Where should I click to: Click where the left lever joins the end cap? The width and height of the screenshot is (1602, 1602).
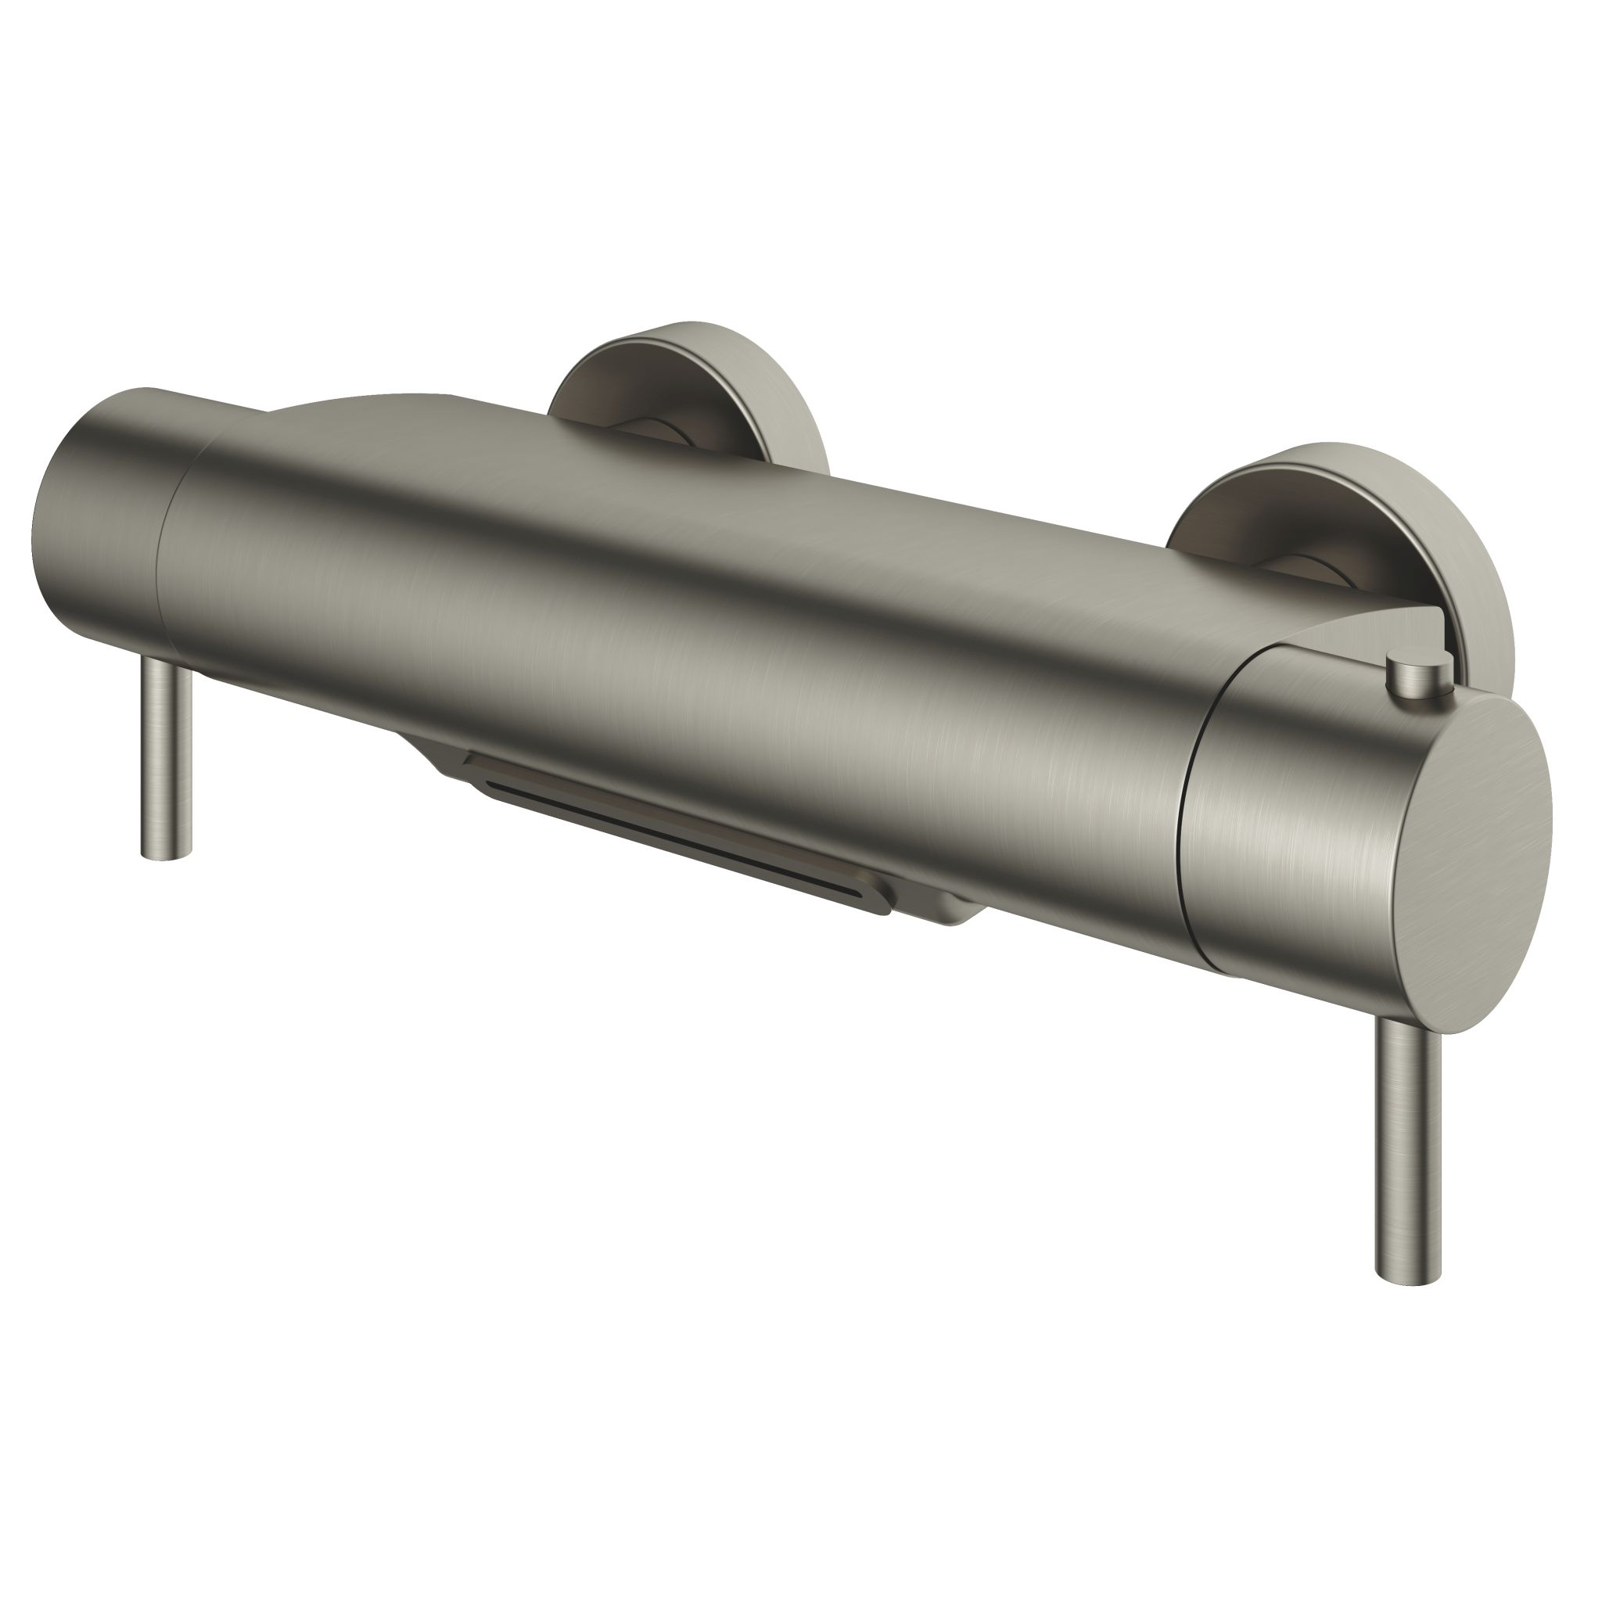(x=171, y=663)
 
